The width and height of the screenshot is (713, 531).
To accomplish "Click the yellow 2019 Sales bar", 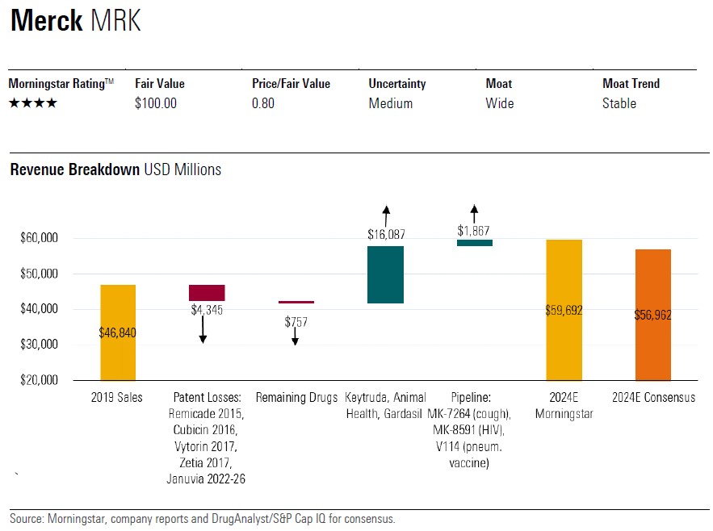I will point(118,332).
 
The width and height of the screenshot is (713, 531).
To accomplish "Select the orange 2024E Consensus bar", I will point(653,315).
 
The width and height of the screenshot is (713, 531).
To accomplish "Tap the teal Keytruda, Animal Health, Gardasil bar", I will point(385,274).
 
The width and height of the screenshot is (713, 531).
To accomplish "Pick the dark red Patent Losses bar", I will point(207,292).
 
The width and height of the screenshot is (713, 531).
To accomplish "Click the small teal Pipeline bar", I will point(475,242).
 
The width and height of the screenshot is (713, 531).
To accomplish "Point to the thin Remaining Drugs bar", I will point(296,302).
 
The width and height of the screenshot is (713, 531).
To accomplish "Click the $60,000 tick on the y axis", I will point(40,238).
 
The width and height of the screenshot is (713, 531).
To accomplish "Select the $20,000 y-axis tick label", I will point(40,380).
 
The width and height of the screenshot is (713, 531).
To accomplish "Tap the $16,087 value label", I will point(386,235).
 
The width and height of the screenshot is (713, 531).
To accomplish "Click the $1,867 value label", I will point(475,230).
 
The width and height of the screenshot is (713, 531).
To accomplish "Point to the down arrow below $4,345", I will point(203,329).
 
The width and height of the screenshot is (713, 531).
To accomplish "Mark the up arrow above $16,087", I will point(386,215).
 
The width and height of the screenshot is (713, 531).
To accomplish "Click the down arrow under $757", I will point(296,337).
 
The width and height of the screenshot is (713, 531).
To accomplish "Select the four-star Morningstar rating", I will point(32,103).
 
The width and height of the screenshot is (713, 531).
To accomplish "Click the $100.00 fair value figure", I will point(156,103).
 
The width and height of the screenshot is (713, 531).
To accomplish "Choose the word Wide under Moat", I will point(500,103).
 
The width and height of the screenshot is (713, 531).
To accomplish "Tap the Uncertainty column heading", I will point(397,84).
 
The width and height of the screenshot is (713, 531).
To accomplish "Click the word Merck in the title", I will point(46,21).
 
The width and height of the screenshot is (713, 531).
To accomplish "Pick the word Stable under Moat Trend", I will point(619,103).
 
